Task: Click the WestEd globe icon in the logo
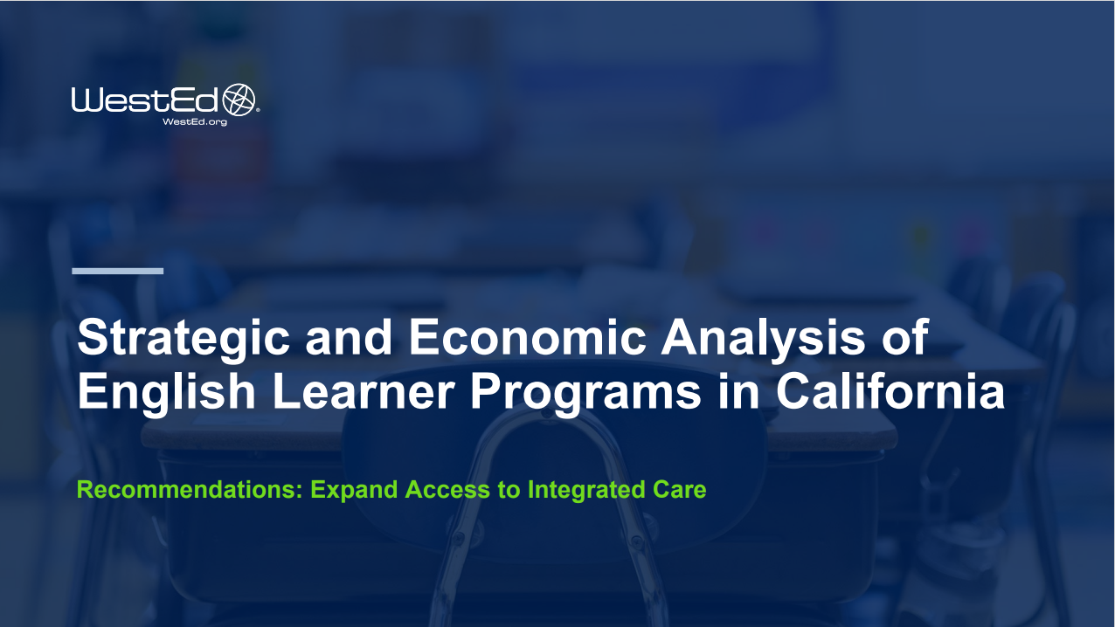pos(240,100)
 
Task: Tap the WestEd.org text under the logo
pos(195,122)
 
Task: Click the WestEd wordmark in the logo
pos(146,100)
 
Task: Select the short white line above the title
pos(117,271)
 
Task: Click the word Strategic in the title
pos(183,339)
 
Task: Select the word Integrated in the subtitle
pos(584,490)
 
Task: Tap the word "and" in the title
pos(350,339)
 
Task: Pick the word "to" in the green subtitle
pos(509,490)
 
